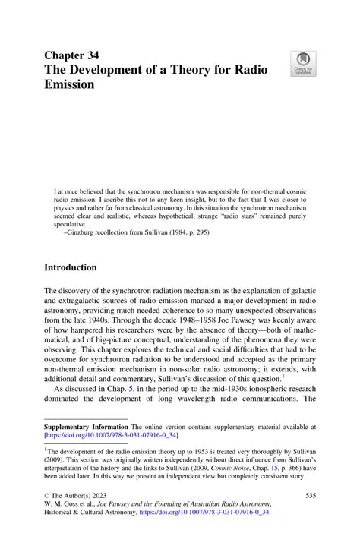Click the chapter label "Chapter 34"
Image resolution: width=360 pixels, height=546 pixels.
[x=77, y=55]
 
